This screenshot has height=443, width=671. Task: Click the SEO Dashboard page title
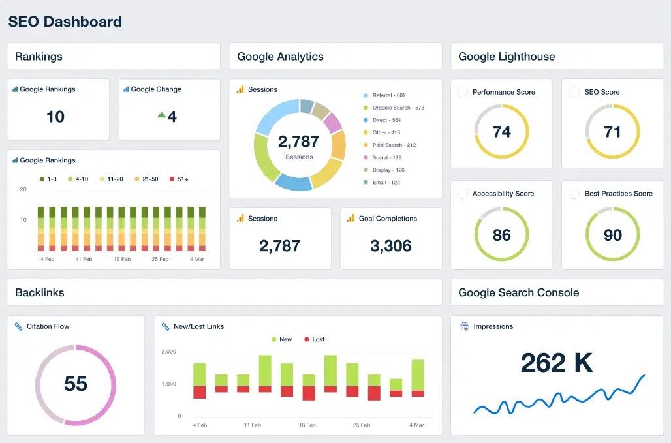point(65,22)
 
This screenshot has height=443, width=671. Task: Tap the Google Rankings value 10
point(55,117)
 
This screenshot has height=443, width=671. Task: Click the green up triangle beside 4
point(161,115)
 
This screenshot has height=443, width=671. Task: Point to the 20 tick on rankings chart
point(23,189)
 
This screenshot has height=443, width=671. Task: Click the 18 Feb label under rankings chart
point(123,259)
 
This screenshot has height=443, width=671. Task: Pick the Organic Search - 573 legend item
point(398,108)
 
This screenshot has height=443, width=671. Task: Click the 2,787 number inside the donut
point(298,142)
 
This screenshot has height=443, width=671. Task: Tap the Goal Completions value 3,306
point(390,246)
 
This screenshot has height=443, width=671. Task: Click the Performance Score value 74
point(501,132)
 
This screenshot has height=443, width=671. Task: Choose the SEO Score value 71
point(612,132)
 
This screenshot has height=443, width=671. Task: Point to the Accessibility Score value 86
point(501,235)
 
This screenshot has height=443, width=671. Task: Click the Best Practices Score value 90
point(612,235)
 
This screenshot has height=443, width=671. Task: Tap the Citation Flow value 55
point(76,384)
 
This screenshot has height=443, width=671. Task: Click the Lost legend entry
point(318,339)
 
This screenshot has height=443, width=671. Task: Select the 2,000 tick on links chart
point(168,352)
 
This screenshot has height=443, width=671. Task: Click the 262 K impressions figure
point(557,363)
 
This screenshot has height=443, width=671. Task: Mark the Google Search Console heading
point(518,292)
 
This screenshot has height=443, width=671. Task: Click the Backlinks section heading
point(39,292)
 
